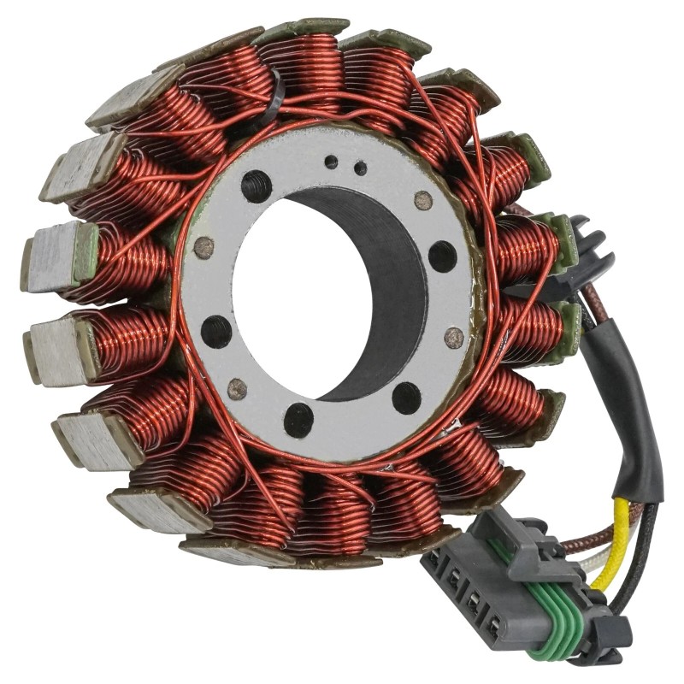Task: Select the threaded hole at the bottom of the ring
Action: point(298,419)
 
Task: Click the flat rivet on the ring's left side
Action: point(203,248)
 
